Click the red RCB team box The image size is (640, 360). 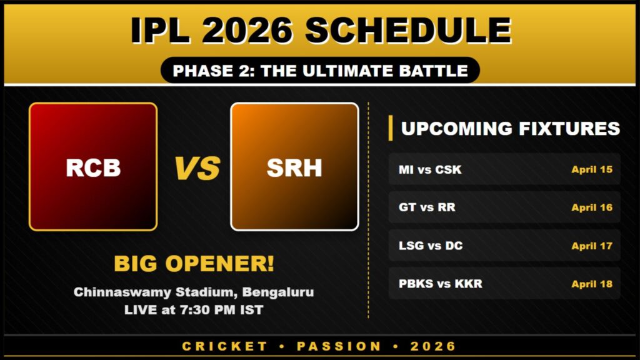(x=93, y=167)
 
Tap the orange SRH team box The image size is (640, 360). (x=294, y=167)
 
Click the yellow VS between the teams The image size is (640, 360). (x=197, y=168)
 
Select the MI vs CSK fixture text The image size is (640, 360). (x=430, y=169)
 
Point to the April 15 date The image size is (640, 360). (x=591, y=169)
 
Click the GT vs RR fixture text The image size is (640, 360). (x=427, y=207)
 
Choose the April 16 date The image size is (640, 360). (x=591, y=207)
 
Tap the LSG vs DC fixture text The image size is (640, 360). (x=431, y=246)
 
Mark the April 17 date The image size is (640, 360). (x=591, y=246)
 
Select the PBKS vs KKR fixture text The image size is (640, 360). (x=440, y=284)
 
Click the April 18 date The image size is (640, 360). (x=591, y=284)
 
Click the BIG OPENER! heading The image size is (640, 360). (x=194, y=264)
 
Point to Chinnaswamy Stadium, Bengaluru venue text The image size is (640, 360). (x=194, y=292)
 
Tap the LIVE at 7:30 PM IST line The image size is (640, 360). (x=194, y=309)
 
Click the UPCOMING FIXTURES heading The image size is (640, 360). (x=510, y=128)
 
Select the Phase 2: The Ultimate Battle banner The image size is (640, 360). (x=320, y=71)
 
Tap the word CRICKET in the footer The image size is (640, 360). (x=225, y=346)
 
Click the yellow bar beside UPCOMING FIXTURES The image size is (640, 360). (x=391, y=128)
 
